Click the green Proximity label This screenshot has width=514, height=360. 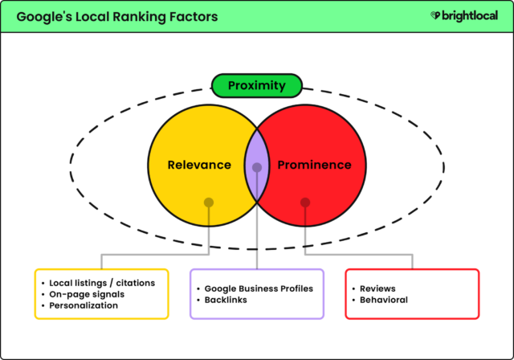tap(256, 85)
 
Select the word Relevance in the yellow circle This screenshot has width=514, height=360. tap(199, 166)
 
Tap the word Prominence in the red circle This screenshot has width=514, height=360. tap(314, 166)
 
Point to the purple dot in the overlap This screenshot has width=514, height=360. tap(257, 168)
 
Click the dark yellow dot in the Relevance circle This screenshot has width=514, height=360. tap(209, 202)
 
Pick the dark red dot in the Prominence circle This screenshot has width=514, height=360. tap(305, 202)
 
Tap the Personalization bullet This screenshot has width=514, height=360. tap(84, 305)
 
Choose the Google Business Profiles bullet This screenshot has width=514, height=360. tap(259, 288)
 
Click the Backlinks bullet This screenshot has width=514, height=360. tap(228, 300)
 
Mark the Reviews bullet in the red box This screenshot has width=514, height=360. tap(377, 288)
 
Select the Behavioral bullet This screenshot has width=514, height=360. tap(383, 300)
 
